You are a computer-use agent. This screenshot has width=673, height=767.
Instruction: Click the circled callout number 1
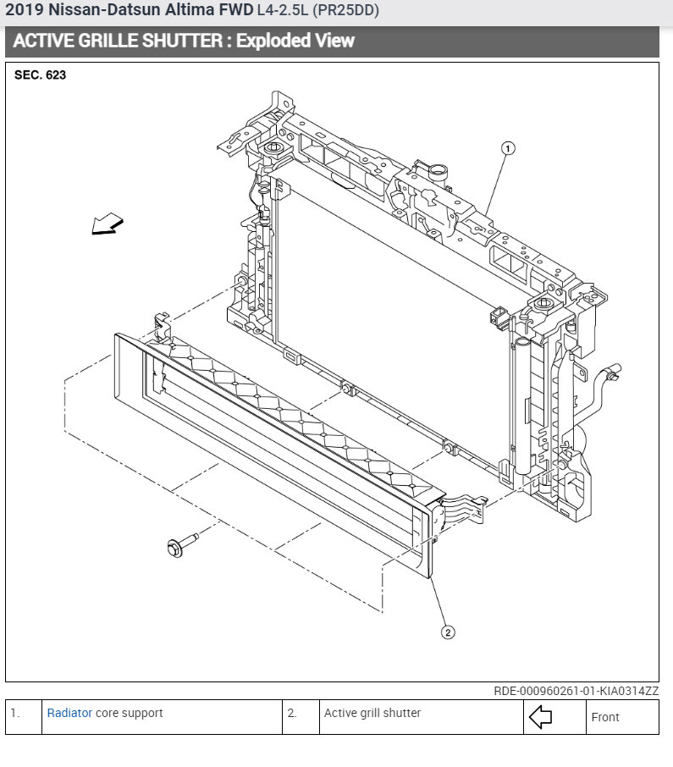pos(508,149)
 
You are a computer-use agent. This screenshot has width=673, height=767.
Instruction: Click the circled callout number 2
pos(448,632)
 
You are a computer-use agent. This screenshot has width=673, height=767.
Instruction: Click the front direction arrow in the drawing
pos(108,224)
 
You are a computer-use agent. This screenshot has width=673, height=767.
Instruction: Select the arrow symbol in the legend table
pos(540,717)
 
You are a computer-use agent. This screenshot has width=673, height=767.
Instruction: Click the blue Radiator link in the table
pos(69,713)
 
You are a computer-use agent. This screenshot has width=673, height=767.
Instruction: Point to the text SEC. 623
pos(41,74)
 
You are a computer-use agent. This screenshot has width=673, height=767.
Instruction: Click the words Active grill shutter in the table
pos(372,713)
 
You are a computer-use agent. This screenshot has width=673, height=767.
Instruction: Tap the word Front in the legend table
pos(605,717)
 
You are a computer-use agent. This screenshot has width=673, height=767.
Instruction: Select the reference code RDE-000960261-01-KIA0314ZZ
pos(576,691)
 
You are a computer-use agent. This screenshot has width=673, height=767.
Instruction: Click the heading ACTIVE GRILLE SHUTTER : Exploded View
pos(184,41)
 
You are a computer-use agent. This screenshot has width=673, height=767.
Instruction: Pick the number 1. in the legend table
pos(15,713)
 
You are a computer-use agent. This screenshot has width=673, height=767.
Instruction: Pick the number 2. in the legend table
pos(292,713)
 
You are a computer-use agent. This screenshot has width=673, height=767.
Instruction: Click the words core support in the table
pos(130,713)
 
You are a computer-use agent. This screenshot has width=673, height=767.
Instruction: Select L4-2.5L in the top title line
pos(284,10)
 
